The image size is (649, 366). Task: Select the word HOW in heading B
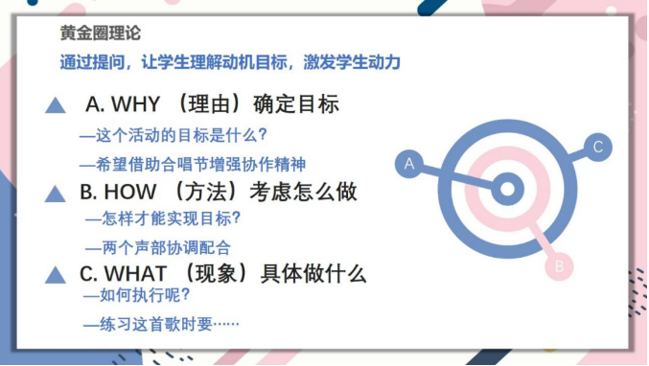tap(129, 192)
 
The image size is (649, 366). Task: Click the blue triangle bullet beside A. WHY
tap(56, 105)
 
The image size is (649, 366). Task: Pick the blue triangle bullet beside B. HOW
tap(56, 194)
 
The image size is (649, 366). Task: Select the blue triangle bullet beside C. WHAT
tap(56, 276)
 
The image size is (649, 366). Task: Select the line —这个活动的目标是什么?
tap(173, 135)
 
